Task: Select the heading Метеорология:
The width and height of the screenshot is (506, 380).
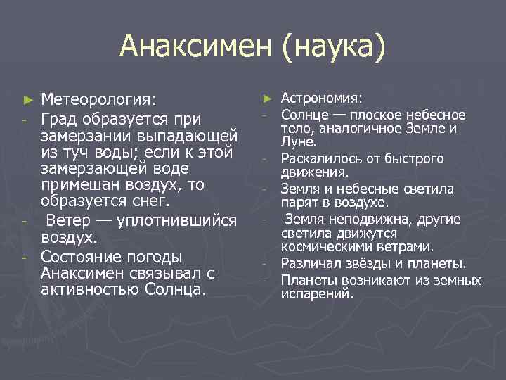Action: (x=99, y=97)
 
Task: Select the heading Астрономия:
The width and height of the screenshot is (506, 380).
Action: (x=322, y=98)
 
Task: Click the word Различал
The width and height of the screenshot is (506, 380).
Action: (x=308, y=264)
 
